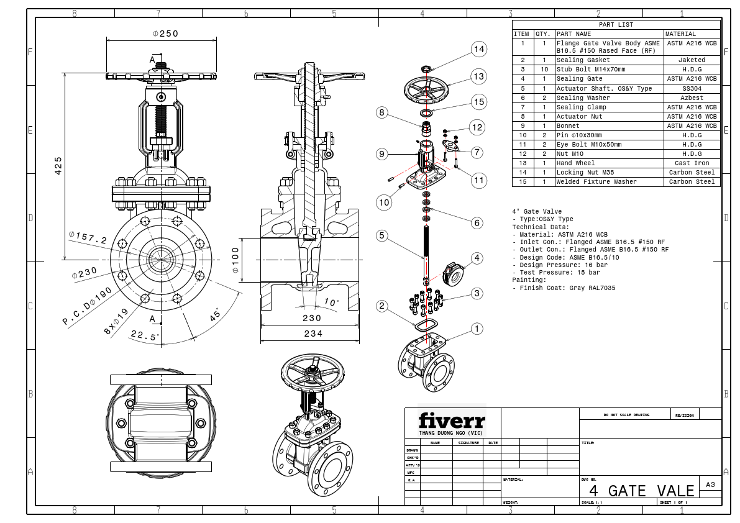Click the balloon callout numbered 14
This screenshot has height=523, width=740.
click(x=478, y=49)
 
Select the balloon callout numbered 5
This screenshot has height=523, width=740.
click(x=382, y=235)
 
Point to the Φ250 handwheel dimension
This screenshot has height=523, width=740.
click(x=165, y=34)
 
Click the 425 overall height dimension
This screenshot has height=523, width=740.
click(x=58, y=165)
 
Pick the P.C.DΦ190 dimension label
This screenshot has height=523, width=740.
click(x=88, y=306)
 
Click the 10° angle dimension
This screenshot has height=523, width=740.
click(x=332, y=302)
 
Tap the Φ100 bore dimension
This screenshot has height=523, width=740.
click(x=235, y=261)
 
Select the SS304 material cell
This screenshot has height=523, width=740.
click(x=692, y=89)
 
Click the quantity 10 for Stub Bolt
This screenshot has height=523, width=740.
click(x=544, y=70)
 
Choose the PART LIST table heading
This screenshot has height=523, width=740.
click(x=616, y=25)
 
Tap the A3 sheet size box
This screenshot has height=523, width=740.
click(x=711, y=484)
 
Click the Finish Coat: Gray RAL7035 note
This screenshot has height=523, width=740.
click(x=564, y=288)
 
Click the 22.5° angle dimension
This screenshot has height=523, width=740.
click(x=145, y=335)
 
